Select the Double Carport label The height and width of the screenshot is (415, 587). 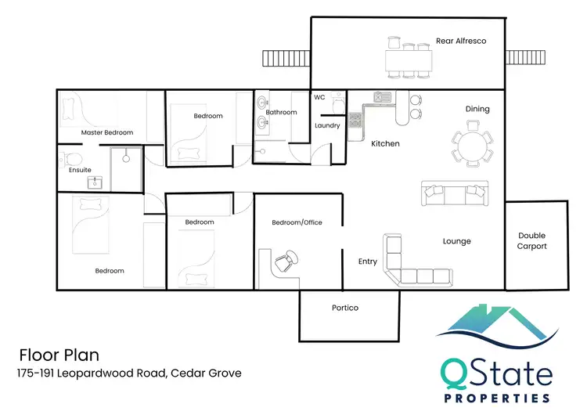click(x=532, y=240)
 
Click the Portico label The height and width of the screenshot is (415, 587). click(x=344, y=308)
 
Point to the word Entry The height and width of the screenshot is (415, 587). click(x=368, y=262)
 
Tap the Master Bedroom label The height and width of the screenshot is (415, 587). click(x=107, y=132)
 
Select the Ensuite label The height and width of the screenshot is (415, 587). click(x=80, y=169)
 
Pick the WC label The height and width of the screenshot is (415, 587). click(x=319, y=98)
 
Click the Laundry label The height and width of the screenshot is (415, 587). click(x=326, y=125)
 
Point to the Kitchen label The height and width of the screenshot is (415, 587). click(x=385, y=143)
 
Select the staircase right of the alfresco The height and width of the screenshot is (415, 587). click(x=521, y=58)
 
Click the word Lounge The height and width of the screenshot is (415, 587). click(x=456, y=241)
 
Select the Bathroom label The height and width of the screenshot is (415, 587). click(x=281, y=112)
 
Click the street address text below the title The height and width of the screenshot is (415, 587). click(x=130, y=373)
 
